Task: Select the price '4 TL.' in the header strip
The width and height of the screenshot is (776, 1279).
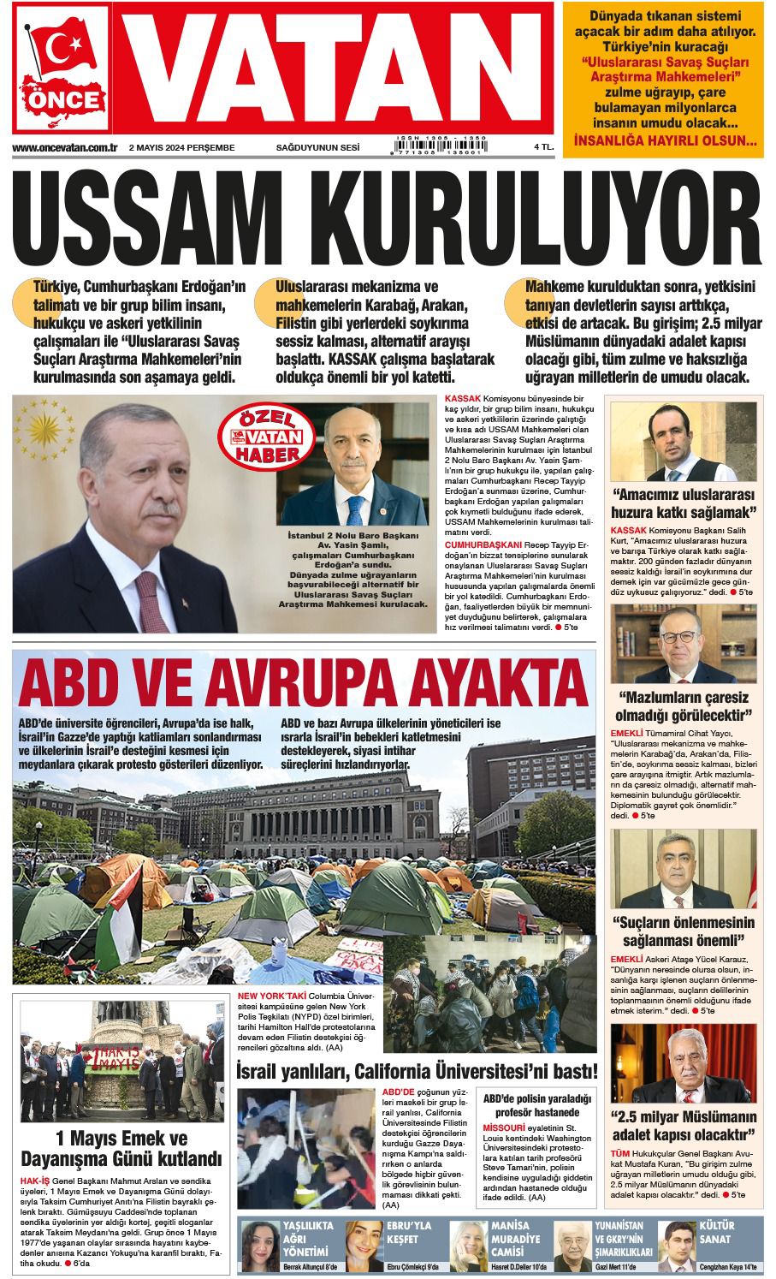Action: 543,147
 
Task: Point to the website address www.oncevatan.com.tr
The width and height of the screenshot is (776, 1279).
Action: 65,147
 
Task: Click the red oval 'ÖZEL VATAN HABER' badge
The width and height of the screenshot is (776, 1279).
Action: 258,434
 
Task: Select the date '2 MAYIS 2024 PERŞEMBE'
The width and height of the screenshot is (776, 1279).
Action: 181,147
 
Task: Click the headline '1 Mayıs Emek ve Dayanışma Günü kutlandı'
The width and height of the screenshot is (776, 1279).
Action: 121,1149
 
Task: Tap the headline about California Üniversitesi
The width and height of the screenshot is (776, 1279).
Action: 416,1071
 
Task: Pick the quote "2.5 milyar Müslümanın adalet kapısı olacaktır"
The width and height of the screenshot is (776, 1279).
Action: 684,1126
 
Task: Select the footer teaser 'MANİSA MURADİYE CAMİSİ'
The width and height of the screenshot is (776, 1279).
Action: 516,1238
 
